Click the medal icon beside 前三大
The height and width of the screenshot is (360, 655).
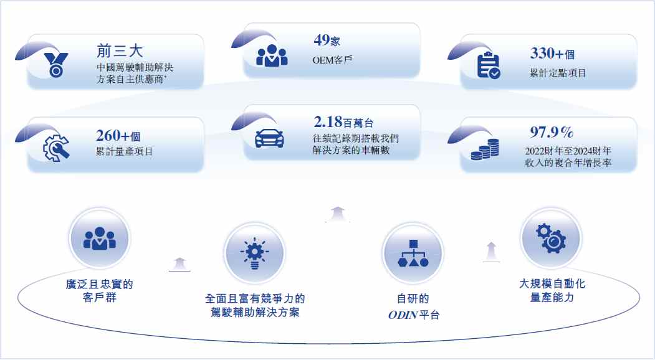[56, 65]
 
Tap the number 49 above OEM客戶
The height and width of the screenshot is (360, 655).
[321, 40]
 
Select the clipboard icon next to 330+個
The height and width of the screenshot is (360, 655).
[489, 65]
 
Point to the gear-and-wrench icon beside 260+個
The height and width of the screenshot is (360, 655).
[56, 148]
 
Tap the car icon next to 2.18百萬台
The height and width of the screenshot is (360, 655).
[269, 138]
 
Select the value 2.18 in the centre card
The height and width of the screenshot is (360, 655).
[328, 122]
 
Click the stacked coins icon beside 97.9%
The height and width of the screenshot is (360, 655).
[485, 149]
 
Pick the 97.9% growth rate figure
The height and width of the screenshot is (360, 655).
[552, 133]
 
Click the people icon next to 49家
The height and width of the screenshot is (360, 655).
[272, 55]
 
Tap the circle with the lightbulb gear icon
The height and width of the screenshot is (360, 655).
[254, 253]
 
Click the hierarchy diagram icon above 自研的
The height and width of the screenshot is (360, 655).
[413, 253]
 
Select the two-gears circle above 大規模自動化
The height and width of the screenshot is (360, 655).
[552, 238]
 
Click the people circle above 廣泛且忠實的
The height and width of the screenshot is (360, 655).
[100, 238]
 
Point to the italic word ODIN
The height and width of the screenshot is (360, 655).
[403, 315]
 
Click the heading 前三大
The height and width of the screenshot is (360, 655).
[120, 51]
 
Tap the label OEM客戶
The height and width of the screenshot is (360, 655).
[333, 60]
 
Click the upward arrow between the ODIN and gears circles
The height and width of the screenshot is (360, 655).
[492, 252]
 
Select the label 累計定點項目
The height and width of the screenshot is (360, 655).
[558, 73]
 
